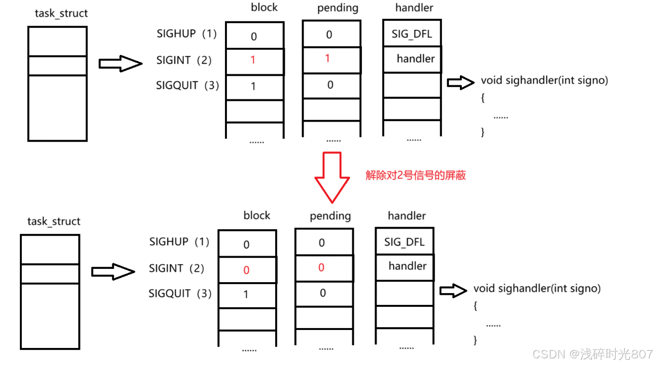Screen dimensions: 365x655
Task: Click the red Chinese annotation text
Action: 416,175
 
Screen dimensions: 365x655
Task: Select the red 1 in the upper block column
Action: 253,60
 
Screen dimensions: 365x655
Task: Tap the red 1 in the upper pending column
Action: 327,58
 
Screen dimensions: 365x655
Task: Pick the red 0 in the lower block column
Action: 246,270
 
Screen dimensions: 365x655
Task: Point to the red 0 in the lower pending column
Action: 321,267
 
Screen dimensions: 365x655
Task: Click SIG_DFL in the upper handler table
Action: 412,34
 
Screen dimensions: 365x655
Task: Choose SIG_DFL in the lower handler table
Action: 404,242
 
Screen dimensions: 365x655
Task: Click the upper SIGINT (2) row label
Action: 184,60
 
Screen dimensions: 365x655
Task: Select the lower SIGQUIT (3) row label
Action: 180,294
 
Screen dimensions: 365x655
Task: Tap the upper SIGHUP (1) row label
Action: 187,34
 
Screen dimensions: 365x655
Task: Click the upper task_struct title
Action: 61,13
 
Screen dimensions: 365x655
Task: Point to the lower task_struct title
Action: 54,221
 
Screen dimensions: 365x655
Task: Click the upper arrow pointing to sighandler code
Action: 460,82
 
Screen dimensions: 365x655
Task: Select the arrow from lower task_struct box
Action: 113,272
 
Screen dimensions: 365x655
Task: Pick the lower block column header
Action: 257,215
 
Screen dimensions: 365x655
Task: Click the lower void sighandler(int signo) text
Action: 537,288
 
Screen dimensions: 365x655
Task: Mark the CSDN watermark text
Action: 592,354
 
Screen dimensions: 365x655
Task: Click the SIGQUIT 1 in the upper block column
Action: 253,86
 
